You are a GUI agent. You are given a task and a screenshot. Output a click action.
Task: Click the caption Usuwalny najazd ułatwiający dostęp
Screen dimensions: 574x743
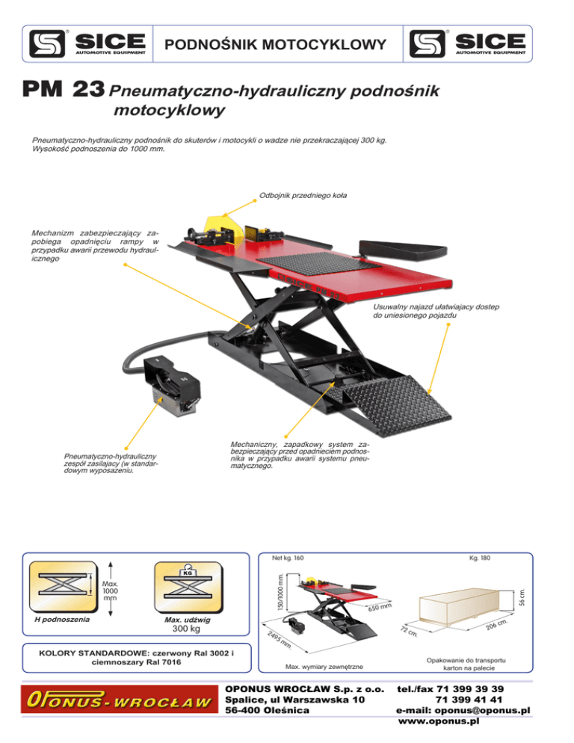click(x=436, y=312)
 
